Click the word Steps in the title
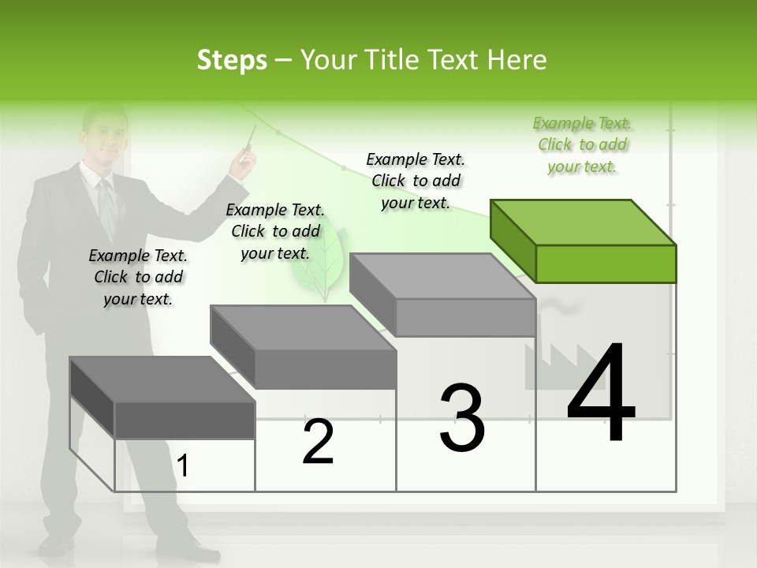(x=232, y=60)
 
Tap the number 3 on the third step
(x=461, y=418)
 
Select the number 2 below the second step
(x=318, y=442)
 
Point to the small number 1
(x=183, y=466)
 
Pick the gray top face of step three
(x=442, y=275)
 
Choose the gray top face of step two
(x=301, y=327)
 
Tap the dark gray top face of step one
(x=162, y=379)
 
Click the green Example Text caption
(x=582, y=144)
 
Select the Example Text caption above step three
(x=416, y=181)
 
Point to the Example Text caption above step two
(x=275, y=231)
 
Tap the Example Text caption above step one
(x=138, y=277)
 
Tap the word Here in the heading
(x=517, y=60)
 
